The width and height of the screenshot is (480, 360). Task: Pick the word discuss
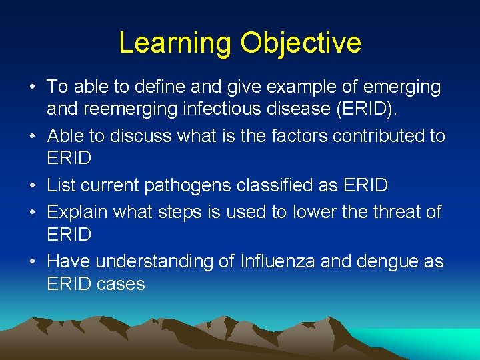point(140,136)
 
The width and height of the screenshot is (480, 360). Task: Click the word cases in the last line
point(121,285)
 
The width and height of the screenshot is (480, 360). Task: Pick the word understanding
point(155,261)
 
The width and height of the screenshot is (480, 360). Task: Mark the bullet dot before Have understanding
point(32,261)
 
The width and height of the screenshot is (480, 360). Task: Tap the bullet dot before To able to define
point(32,87)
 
